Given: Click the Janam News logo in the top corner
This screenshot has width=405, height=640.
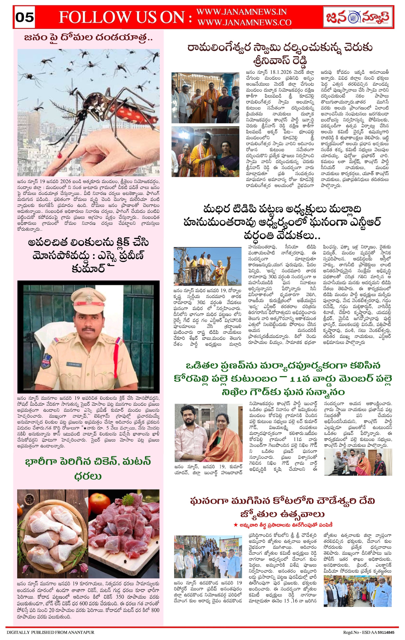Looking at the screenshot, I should pos(358,17).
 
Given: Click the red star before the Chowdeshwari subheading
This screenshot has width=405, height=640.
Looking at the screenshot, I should pos(235,525).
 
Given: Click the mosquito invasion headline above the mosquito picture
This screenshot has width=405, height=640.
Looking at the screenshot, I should pos(88,38).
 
